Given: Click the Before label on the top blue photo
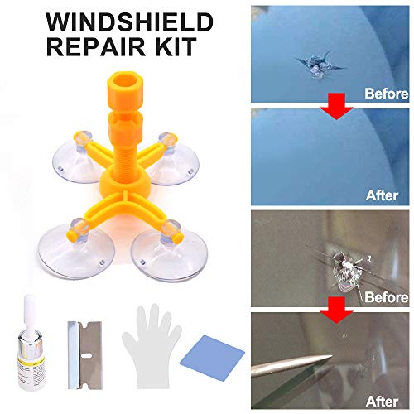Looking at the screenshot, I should tap(385, 94).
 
